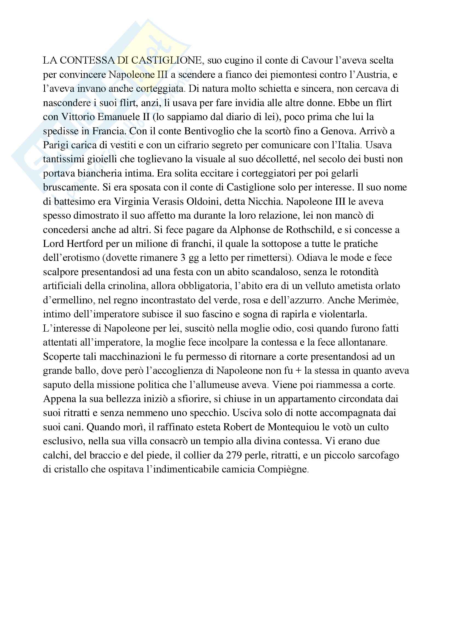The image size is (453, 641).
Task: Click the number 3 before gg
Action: click(183, 258)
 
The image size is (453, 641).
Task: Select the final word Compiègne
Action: click(283, 469)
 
